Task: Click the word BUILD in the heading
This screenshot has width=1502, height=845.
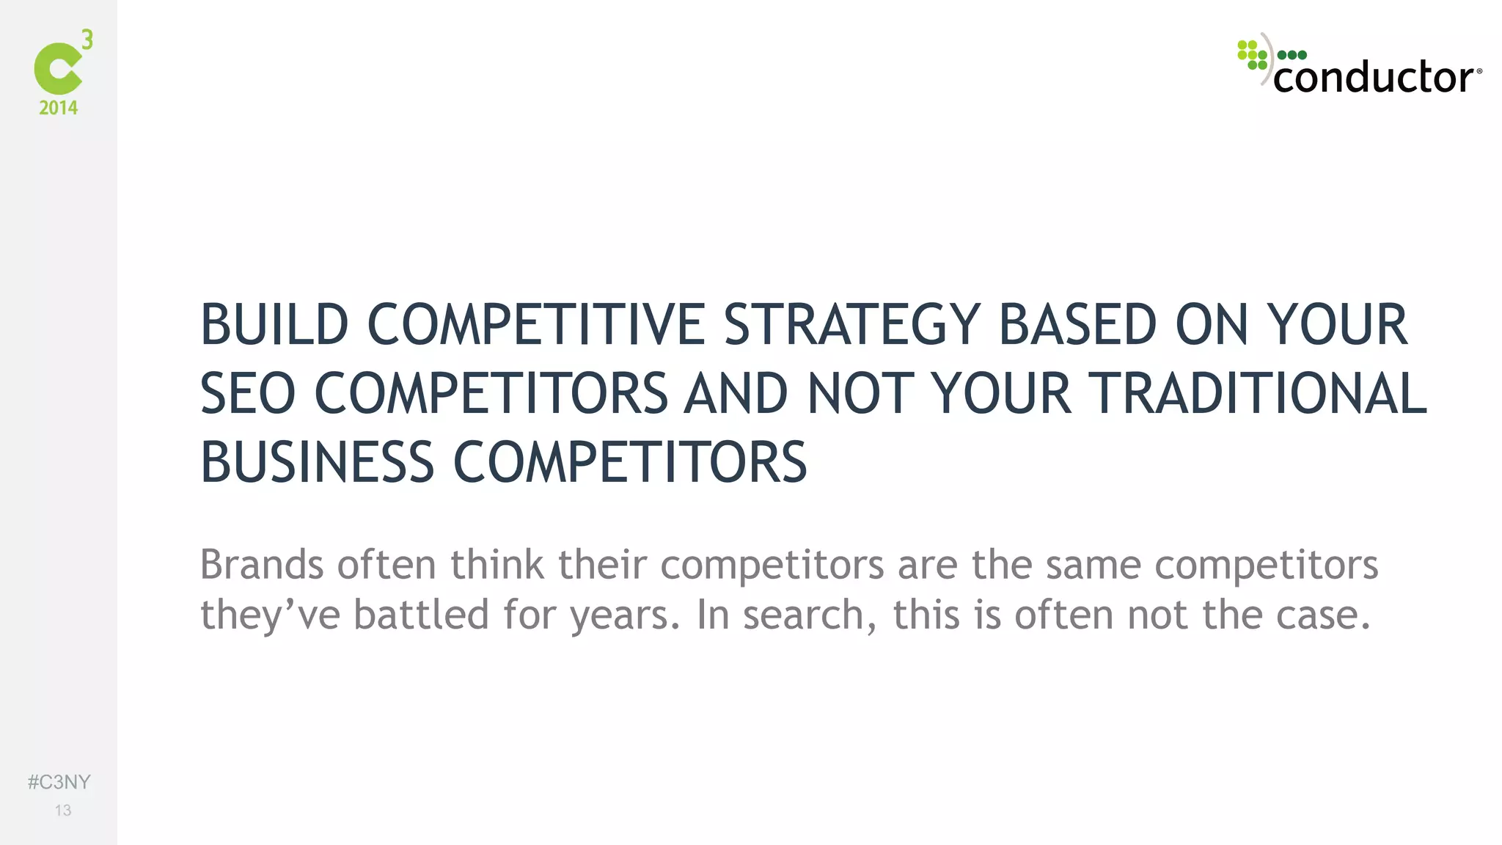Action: (x=274, y=325)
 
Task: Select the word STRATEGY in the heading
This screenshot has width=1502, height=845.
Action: (x=851, y=325)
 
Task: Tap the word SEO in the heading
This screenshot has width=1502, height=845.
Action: (x=248, y=394)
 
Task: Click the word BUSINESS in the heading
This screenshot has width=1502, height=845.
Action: (x=318, y=463)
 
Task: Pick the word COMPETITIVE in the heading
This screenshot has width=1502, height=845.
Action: (x=536, y=325)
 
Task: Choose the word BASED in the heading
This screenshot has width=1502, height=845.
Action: (x=1077, y=325)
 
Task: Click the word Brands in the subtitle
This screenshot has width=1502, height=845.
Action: (x=262, y=565)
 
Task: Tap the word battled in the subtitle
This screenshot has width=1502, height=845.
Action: (x=421, y=615)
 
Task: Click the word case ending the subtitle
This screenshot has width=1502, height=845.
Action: (x=1322, y=615)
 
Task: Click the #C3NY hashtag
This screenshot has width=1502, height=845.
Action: (x=59, y=782)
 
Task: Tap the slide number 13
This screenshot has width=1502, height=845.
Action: (x=63, y=811)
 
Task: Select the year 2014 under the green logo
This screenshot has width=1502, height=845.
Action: (x=59, y=108)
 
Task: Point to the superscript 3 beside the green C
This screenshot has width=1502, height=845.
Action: (x=87, y=40)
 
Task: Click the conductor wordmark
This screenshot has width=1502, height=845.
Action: (x=1374, y=77)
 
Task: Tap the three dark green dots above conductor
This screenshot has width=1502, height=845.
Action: (x=1292, y=55)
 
